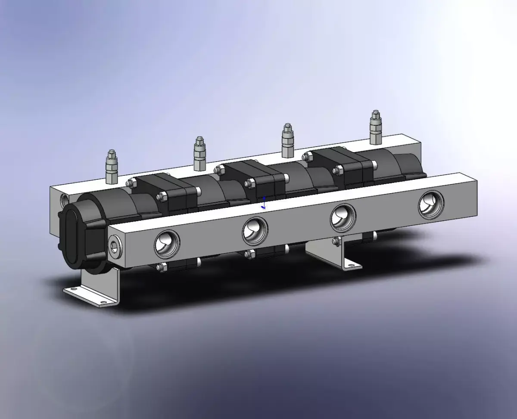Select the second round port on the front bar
tap(255, 229)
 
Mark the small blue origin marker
tap(264, 203)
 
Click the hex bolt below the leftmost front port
tap(162, 268)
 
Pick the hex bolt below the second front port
tap(249, 255)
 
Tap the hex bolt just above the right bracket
tap(336, 241)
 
